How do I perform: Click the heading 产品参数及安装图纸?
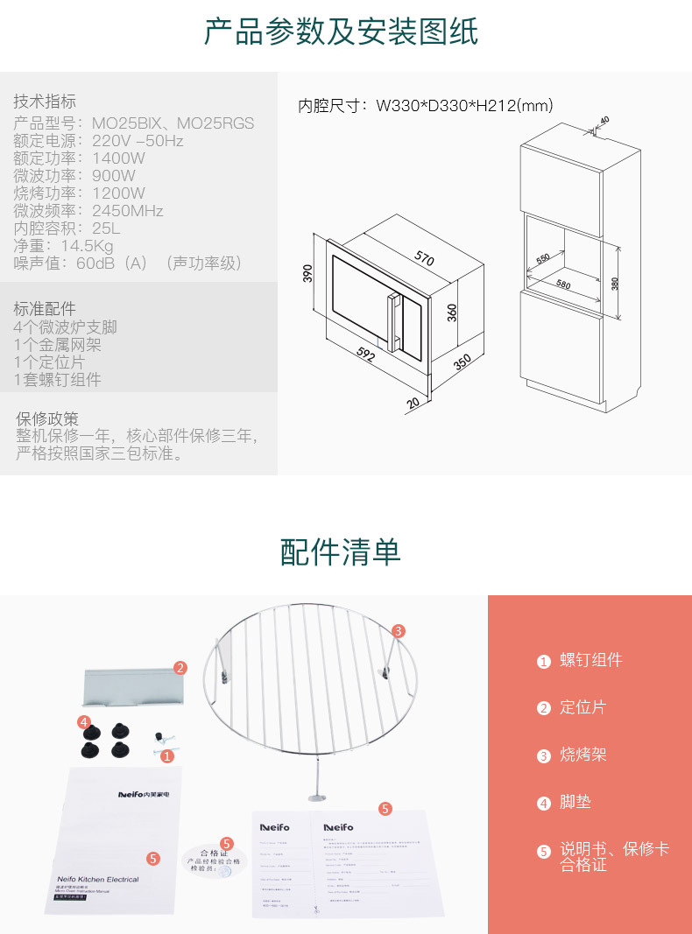coord(341,32)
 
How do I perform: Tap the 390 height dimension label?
coord(308,273)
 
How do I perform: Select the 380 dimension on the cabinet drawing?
coord(615,283)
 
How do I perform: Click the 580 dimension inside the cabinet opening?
coord(562,284)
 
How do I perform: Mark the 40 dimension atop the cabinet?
coord(604,120)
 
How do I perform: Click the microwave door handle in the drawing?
coord(396,320)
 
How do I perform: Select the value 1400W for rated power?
coord(118,158)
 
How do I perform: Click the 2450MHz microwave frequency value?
coord(128,211)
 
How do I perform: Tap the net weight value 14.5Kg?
coord(87,246)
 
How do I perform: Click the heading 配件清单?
coord(341,551)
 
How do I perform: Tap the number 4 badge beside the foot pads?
coord(84,722)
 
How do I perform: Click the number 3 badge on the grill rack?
coord(398,630)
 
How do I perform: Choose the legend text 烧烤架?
coord(583,755)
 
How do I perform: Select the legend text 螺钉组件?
coord(591,660)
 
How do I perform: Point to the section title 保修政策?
coord(47,418)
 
